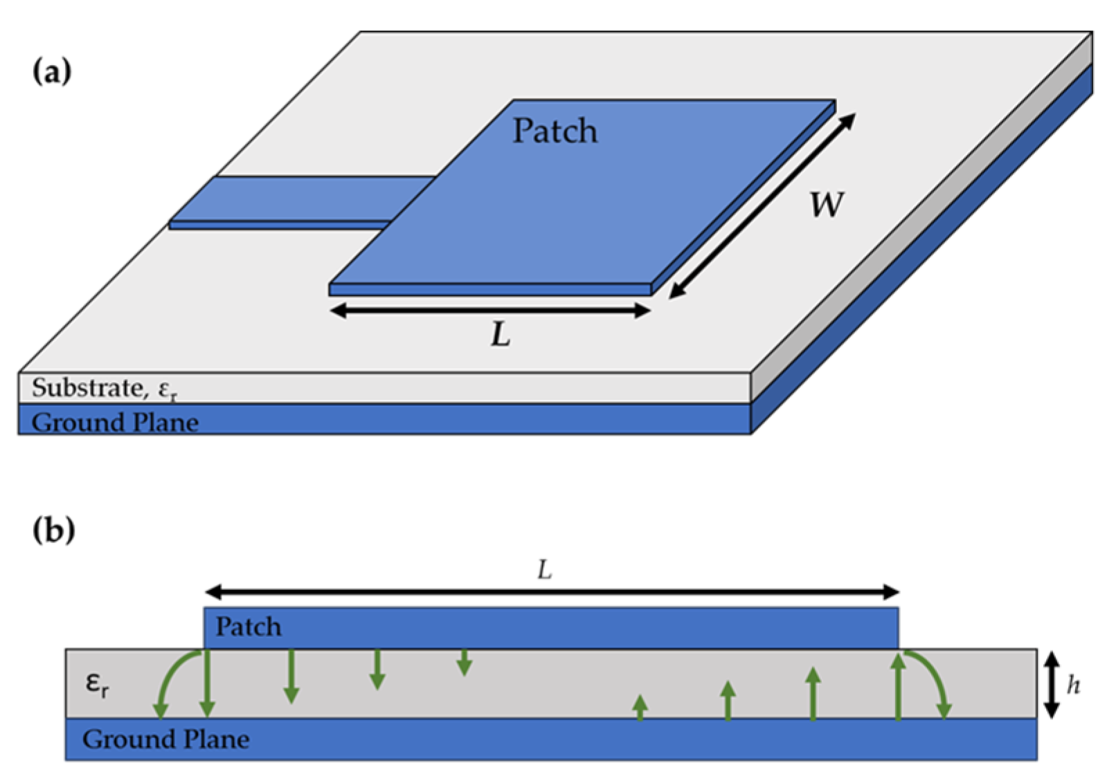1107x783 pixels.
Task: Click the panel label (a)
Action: [x=52, y=71]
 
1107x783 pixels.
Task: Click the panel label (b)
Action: [x=53, y=530]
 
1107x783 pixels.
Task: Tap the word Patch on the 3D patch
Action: [x=555, y=131]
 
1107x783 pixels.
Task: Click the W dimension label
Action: [x=827, y=205]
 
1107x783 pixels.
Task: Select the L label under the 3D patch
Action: [x=501, y=335]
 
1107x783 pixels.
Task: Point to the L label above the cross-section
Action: [x=545, y=571]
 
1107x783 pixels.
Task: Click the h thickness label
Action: [x=1073, y=685]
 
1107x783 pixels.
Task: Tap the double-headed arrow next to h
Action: [x=1052, y=685]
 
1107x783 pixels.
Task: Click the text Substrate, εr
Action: [x=104, y=389]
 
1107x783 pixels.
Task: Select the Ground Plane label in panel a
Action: [x=115, y=422]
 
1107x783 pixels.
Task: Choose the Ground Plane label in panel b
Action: [x=165, y=739]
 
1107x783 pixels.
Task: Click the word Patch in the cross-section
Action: [x=249, y=627]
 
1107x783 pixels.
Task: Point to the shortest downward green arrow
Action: [x=464, y=663]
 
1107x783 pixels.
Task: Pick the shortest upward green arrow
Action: [x=640, y=707]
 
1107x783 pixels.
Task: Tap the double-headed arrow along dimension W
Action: [x=762, y=206]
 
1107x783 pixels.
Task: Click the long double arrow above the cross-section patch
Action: [x=552, y=592]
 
